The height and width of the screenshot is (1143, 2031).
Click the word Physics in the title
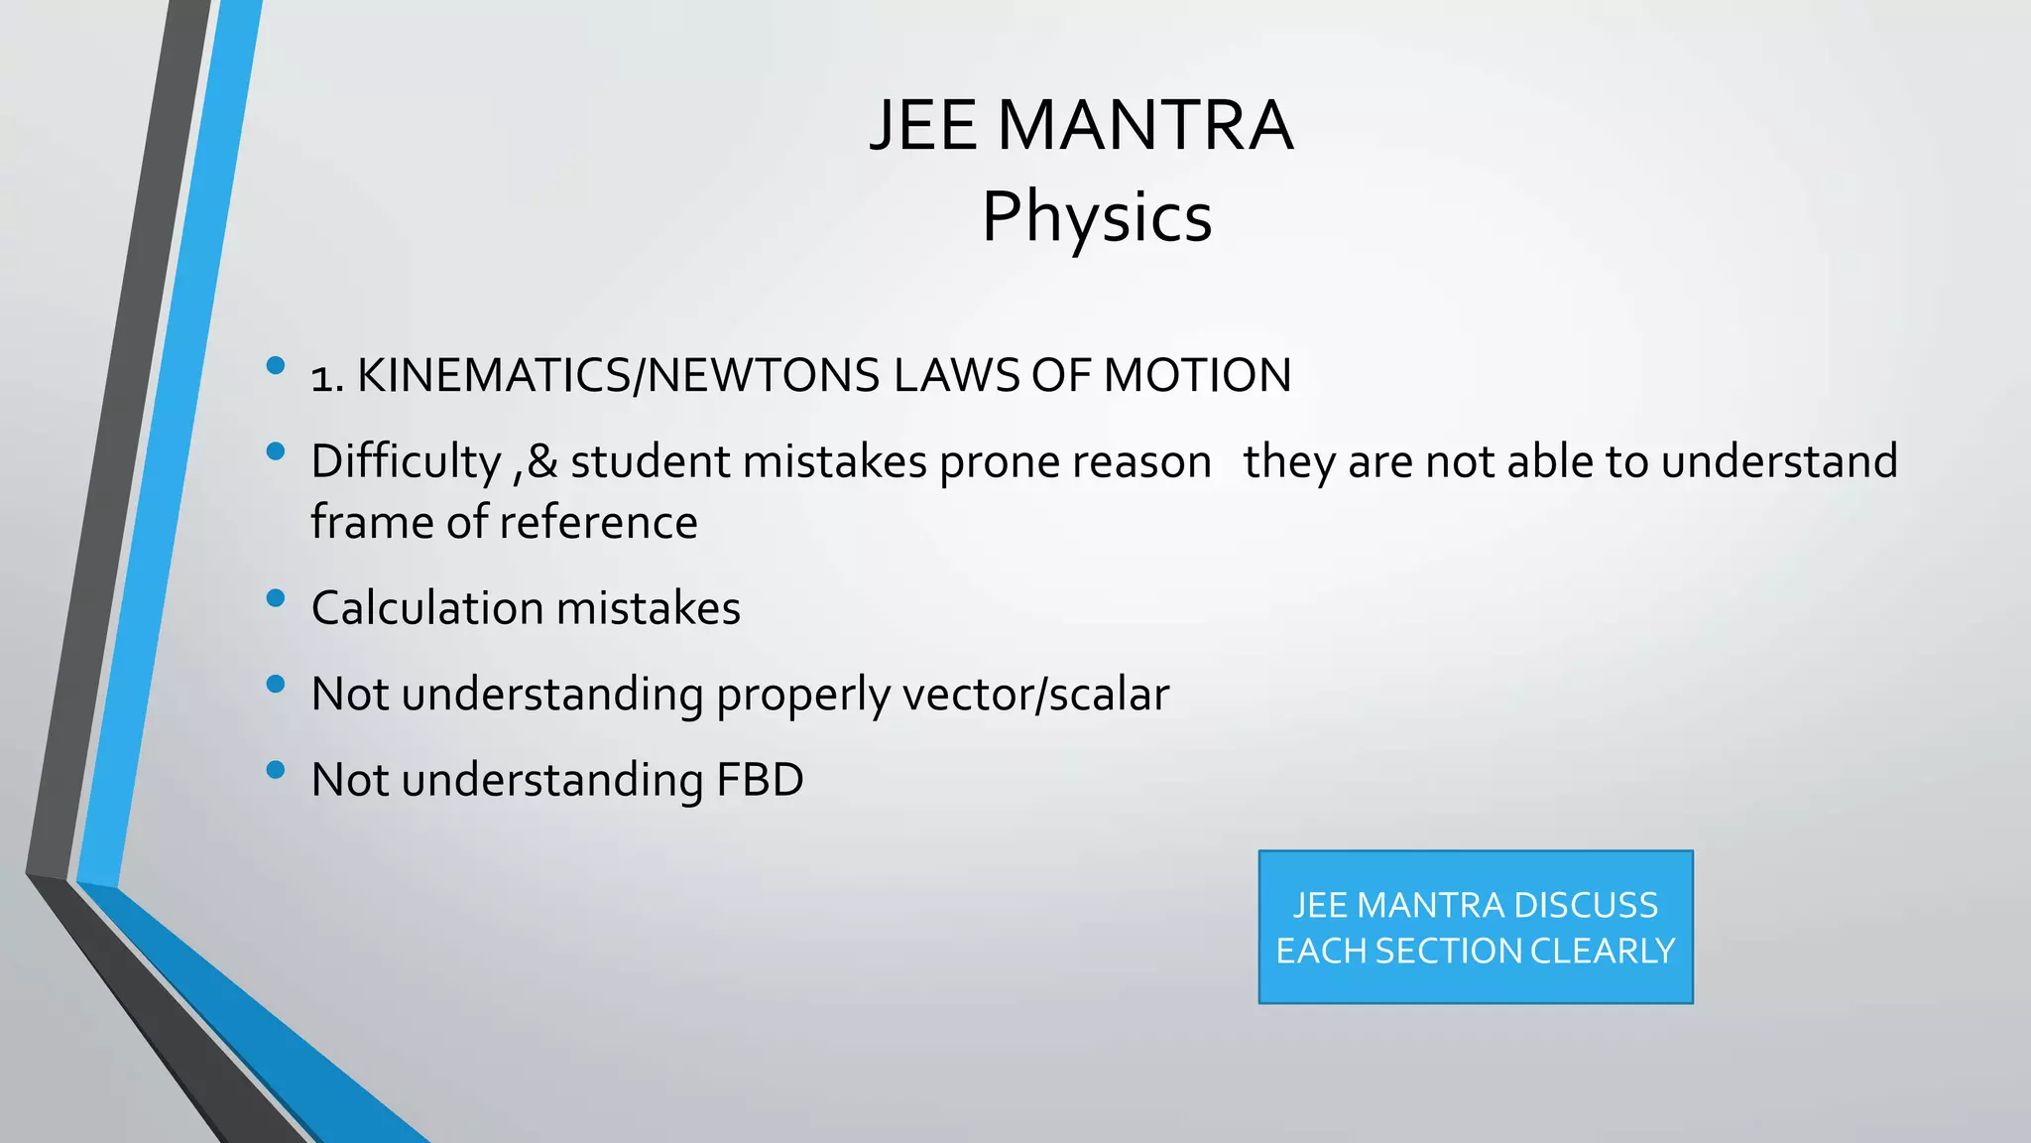(1097, 217)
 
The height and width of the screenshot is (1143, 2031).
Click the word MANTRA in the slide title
(1144, 126)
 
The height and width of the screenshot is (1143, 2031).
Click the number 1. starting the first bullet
(326, 378)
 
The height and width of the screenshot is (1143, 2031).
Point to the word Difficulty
(406, 462)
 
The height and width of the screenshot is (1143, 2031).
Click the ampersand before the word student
(541, 462)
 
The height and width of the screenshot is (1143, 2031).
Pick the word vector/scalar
(1035, 695)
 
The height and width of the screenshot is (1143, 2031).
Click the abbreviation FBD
(760, 780)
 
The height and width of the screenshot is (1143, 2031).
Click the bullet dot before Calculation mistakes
(276, 598)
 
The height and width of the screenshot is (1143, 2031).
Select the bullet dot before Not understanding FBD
(276, 770)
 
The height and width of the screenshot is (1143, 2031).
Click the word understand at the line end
(1778, 462)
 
